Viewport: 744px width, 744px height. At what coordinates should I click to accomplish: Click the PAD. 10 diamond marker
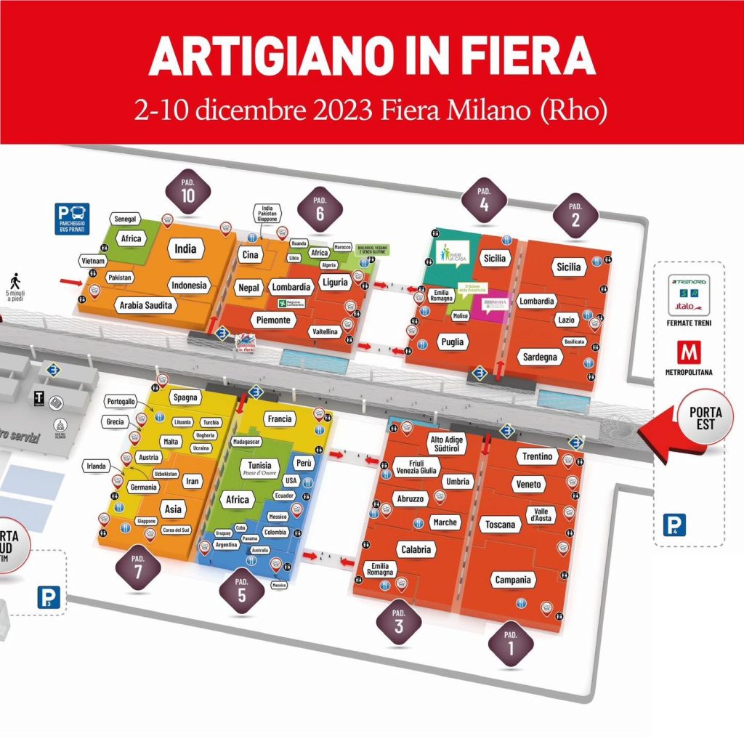[188, 193]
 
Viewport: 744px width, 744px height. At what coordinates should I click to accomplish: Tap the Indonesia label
[189, 286]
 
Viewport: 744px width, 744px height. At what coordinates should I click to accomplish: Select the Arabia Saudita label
[146, 306]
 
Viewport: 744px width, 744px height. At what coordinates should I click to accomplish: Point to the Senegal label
[124, 219]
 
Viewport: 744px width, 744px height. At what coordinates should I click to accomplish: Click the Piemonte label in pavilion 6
[273, 320]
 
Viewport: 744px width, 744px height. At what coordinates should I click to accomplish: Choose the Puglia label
[452, 341]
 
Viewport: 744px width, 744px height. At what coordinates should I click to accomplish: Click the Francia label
[279, 419]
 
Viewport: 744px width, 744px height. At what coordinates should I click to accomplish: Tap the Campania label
[512, 580]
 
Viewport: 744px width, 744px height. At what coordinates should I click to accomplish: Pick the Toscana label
[501, 525]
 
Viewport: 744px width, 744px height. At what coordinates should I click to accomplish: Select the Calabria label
[416, 549]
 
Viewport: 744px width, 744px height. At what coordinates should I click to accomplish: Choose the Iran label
[193, 481]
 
